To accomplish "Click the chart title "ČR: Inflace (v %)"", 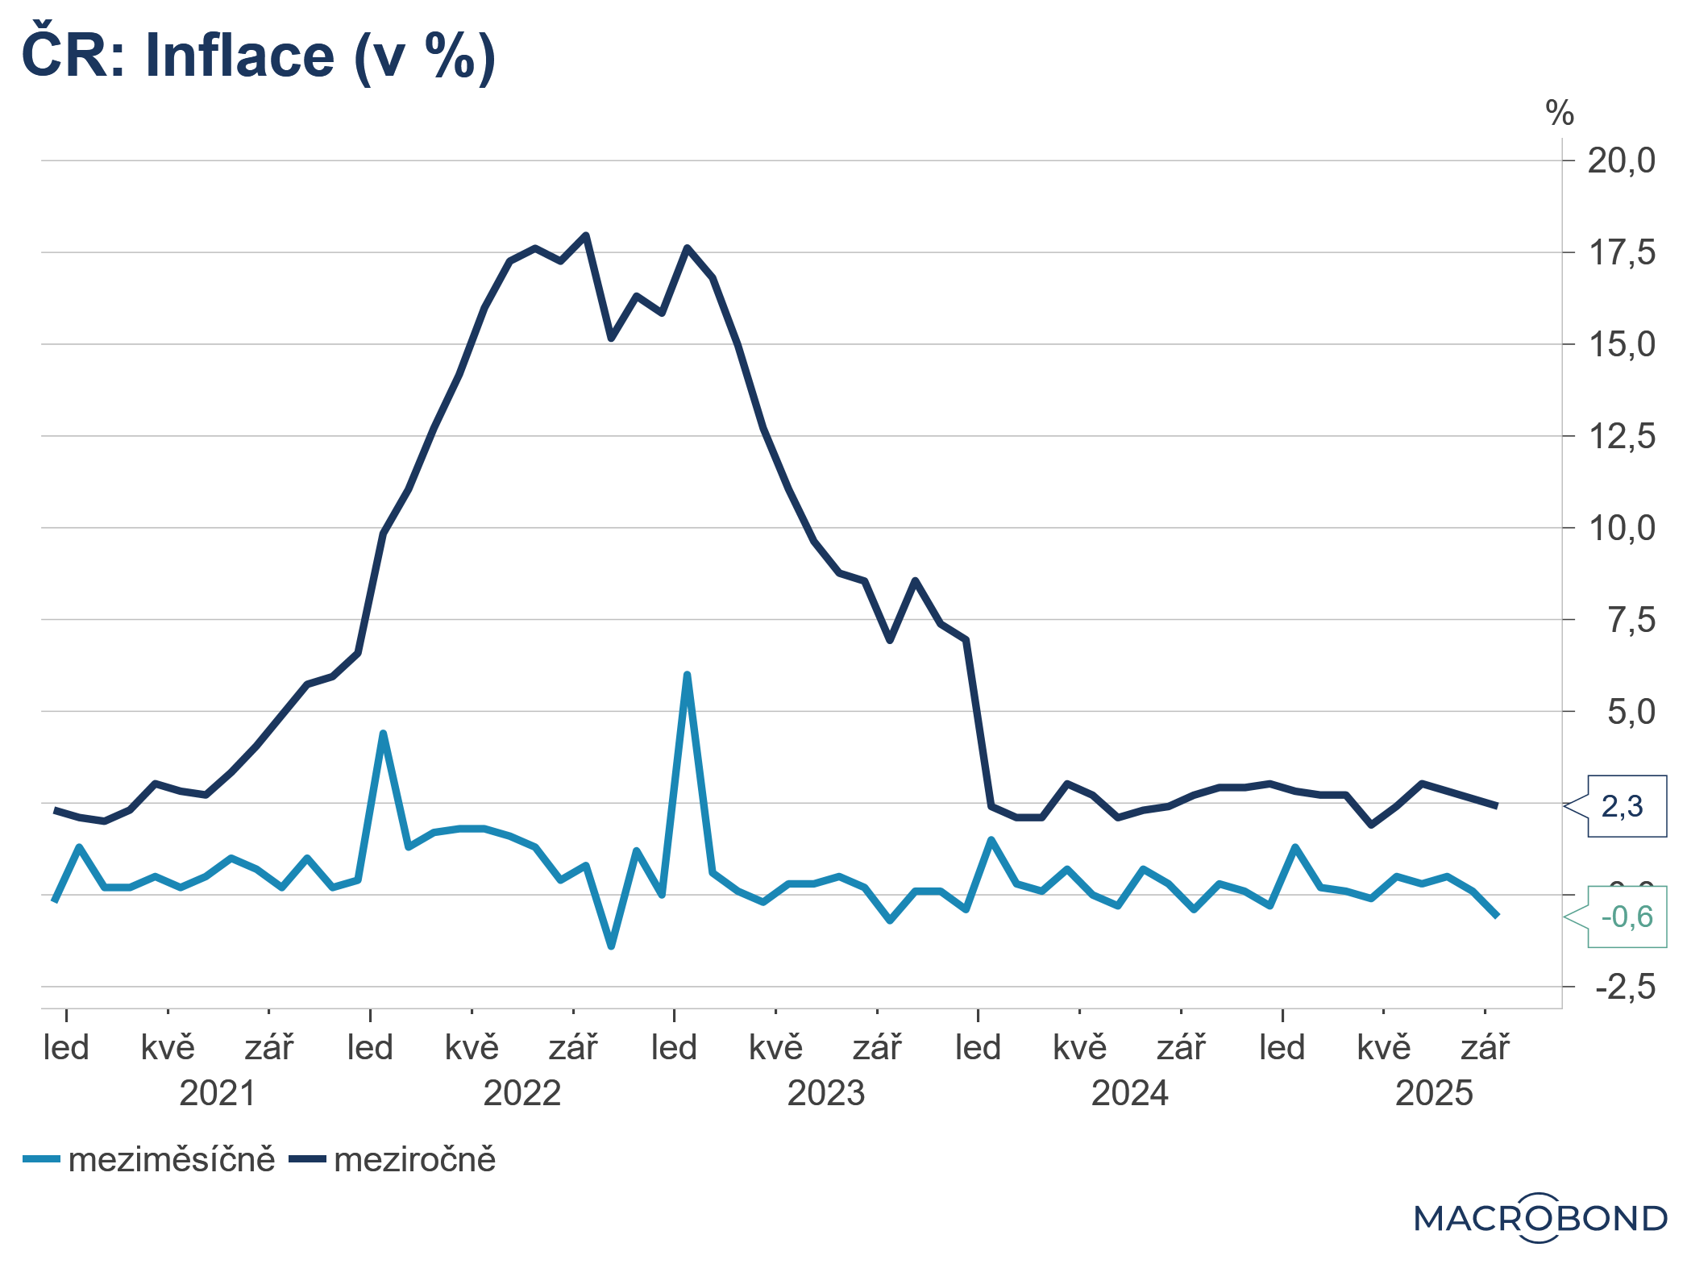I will click(x=258, y=56).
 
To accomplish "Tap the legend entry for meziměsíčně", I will click(x=150, y=1160).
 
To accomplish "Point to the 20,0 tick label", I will click(x=1621, y=161).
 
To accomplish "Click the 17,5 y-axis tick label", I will click(x=1621, y=253).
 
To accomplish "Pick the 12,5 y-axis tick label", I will click(x=1621, y=437).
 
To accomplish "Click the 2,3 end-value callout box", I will click(x=1627, y=806).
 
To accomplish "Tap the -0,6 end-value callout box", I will click(x=1627, y=917).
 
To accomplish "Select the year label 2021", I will click(x=218, y=1094).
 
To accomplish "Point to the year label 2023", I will click(x=825, y=1094).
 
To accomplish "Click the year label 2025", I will click(x=1434, y=1094).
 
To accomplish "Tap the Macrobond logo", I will click(x=1540, y=1217).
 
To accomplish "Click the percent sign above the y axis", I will click(x=1560, y=114).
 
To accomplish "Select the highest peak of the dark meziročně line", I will click(x=586, y=235).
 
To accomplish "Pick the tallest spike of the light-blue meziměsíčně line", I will click(x=687, y=675).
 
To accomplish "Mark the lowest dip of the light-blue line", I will click(x=611, y=946).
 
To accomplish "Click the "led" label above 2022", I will click(x=370, y=1048).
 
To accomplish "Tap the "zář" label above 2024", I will click(x=1181, y=1048).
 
